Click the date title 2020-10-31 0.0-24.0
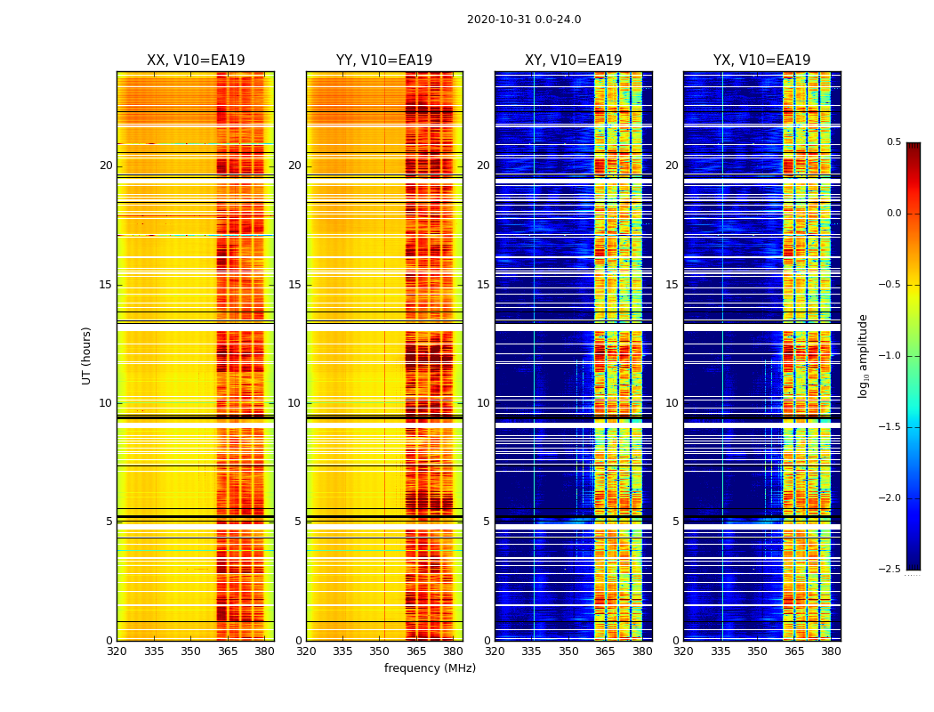pyautogui.click(x=523, y=20)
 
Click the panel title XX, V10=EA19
pyautogui.click(x=196, y=61)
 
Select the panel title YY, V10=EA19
pyautogui.click(x=384, y=61)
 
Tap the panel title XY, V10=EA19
pyautogui.click(x=573, y=61)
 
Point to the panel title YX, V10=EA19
pyautogui.click(x=761, y=61)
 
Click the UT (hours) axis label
pyautogui.click(x=87, y=355)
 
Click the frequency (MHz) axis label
pyautogui.click(x=430, y=668)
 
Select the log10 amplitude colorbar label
pyautogui.click(x=863, y=355)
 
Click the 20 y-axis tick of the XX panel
pyautogui.click(x=106, y=166)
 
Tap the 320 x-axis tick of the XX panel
pyautogui.click(x=117, y=651)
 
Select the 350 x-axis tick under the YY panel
pyautogui.click(x=380, y=651)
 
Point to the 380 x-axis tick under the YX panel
pyautogui.click(x=831, y=651)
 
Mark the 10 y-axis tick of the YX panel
pyautogui.click(x=672, y=403)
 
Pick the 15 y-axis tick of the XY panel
pyautogui.click(x=483, y=285)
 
